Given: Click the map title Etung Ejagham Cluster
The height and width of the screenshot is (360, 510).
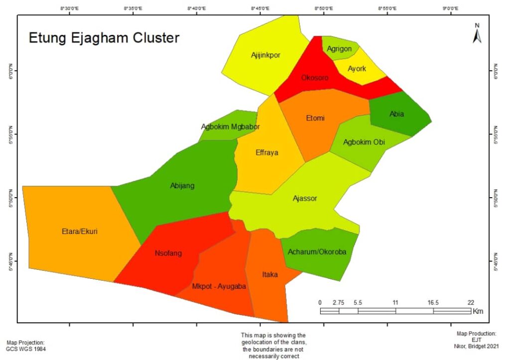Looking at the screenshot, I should click(104, 38).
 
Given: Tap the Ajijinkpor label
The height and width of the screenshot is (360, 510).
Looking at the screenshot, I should click(265, 55).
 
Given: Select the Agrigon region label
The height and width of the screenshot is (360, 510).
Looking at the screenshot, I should click(339, 49).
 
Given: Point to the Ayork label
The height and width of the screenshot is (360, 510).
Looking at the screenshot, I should click(357, 69).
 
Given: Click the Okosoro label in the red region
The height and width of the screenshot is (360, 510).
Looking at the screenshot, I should click(315, 78).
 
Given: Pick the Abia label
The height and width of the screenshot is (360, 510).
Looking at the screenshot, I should click(396, 114).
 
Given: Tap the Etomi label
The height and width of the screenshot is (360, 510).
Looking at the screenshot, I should click(315, 118).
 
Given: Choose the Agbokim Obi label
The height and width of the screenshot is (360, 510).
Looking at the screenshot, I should click(364, 142).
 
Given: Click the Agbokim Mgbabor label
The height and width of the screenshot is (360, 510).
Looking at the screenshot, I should click(230, 126).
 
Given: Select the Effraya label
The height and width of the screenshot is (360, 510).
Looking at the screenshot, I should click(266, 153).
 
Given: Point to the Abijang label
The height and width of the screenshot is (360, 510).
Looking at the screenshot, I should click(182, 186).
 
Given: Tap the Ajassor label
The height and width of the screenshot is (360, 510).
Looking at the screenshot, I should click(305, 198).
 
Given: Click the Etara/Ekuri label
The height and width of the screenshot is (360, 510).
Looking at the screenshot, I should click(80, 231).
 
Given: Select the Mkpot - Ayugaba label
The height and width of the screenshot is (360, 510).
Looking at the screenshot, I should click(219, 286).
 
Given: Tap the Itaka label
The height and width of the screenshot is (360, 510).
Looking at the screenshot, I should click(270, 274).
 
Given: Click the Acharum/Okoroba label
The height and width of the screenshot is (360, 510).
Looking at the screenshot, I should click(317, 252).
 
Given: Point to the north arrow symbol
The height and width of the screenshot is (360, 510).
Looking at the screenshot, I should click(477, 34).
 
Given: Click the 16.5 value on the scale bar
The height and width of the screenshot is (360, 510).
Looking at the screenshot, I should click(433, 302).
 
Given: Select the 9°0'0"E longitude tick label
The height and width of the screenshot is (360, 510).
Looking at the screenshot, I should click(450, 8).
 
